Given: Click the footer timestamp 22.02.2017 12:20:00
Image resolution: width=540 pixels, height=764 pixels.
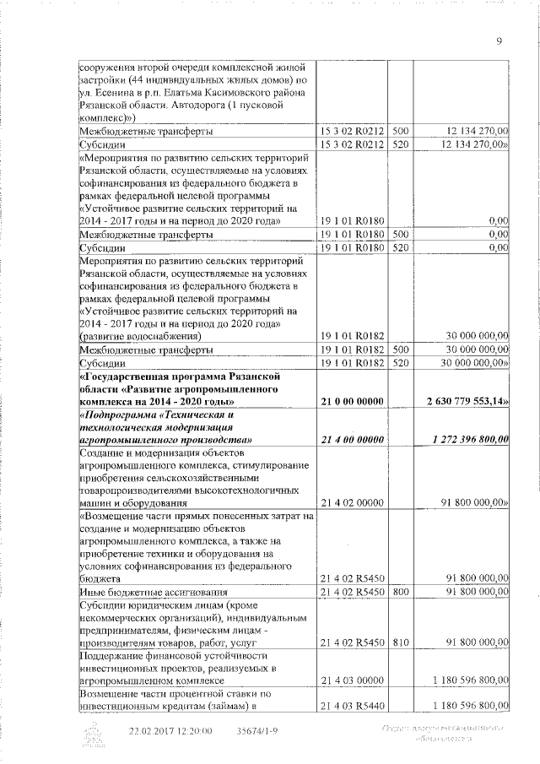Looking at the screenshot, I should tap(170, 731).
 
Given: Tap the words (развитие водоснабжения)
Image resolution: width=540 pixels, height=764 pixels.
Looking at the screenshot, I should tap(139, 336).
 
